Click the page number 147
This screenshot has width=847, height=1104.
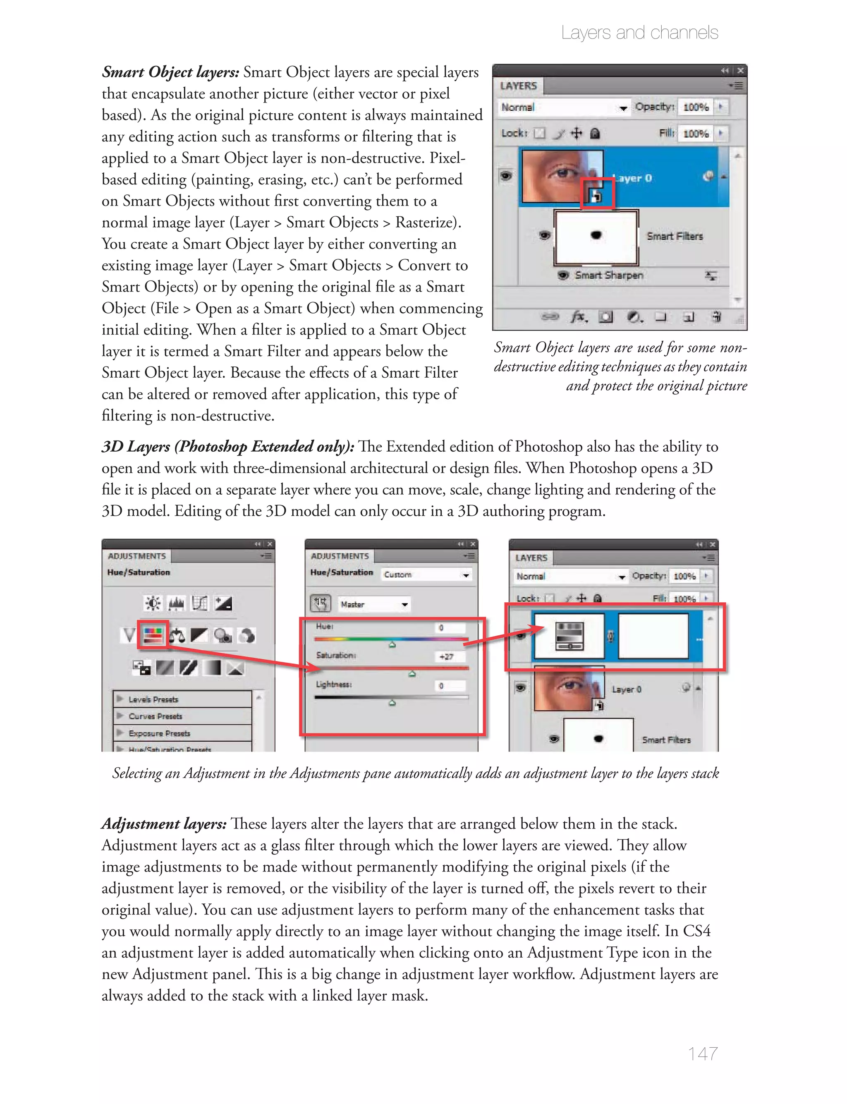point(702,1053)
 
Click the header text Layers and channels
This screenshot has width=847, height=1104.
point(639,33)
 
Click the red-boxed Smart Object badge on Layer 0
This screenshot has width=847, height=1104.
point(596,194)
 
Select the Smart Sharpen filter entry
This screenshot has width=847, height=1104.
point(608,275)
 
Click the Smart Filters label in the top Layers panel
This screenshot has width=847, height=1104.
point(674,236)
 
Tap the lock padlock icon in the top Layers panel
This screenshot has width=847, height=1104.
point(595,134)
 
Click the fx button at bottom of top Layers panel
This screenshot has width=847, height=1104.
point(578,316)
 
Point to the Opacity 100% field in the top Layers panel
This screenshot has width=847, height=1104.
point(696,107)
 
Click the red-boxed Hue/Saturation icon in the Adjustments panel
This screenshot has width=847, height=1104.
point(153,635)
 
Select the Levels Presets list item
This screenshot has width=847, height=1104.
point(153,699)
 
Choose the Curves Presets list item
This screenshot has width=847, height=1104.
point(155,716)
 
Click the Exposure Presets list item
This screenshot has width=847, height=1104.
point(159,733)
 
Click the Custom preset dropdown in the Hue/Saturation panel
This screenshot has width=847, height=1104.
point(426,575)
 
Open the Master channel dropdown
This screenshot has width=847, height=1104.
point(373,604)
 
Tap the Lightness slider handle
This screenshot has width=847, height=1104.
point(392,702)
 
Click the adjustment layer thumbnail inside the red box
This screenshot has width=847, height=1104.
point(569,636)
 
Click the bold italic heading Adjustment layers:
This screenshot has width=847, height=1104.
point(164,824)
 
